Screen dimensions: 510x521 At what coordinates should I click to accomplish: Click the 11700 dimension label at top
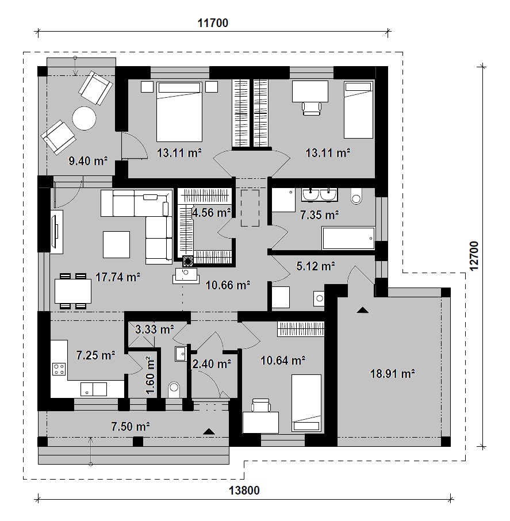[x=213, y=23]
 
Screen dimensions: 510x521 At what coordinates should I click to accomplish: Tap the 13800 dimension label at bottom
[x=244, y=491]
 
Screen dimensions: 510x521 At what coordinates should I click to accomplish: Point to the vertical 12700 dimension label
[x=474, y=256]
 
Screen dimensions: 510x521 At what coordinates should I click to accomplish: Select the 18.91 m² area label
[x=392, y=374]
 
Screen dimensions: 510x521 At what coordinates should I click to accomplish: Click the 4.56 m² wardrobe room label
[x=212, y=213]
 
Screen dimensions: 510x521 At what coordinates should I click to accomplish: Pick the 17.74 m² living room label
[x=118, y=277]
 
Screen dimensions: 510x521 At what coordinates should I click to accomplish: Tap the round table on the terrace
[x=85, y=118]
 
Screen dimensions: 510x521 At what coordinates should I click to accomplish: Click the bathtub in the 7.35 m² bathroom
[x=348, y=238]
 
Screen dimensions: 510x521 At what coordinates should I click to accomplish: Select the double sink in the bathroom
[x=320, y=195]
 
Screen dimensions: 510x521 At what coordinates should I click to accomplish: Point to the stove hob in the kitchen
[x=59, y=369]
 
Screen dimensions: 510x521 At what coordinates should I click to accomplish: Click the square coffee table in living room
[x=116, y=244]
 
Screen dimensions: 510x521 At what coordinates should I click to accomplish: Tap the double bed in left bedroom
[x=179, y=112]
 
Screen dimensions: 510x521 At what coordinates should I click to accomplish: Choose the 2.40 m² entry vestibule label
[x=212, y=364]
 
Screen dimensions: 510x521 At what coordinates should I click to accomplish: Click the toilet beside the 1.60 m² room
[x=174, y=389]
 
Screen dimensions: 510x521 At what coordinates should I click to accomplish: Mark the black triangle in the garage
[x=362, y=311]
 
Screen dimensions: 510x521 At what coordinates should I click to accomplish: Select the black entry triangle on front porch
[x=209, y=431]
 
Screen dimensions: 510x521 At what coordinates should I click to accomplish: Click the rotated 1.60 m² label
[x=150, y=376]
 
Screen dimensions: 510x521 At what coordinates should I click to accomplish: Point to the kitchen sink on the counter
[x=94, y=389]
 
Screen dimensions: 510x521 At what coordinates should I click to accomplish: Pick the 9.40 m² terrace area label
[x=88, y=161]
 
